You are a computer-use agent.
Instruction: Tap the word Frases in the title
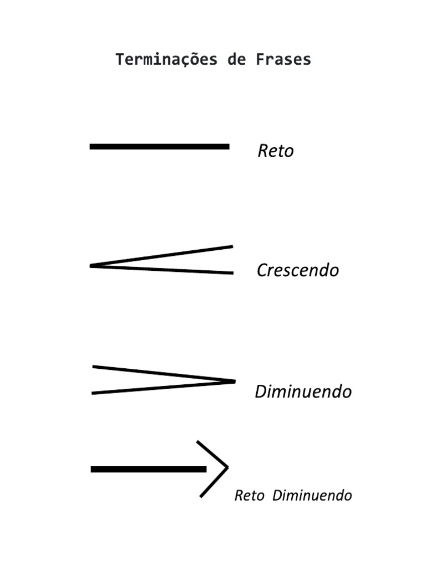(x=283, y=60)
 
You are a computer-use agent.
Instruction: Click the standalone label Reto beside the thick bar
(x=275, y=151)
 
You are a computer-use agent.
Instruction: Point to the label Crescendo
(x=297, y=271)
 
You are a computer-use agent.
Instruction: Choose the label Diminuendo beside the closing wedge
(x=303, y=392)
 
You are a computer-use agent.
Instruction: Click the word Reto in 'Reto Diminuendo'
(x=249, y=496)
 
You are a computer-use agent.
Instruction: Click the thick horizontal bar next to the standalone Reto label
(x=159, y=147)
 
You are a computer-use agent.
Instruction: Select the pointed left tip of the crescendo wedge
(x=92, y=266)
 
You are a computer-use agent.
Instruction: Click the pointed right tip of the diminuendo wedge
(x=234, y=381)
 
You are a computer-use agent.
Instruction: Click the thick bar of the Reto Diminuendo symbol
(x=148, y=469)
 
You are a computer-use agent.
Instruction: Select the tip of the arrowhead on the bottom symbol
(x=227, y=468)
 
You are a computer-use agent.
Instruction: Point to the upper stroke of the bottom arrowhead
(x=212, y=454)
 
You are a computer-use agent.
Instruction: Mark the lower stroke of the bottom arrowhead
(x=214, y=482)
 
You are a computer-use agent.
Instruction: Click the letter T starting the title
(x=119, y=60)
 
